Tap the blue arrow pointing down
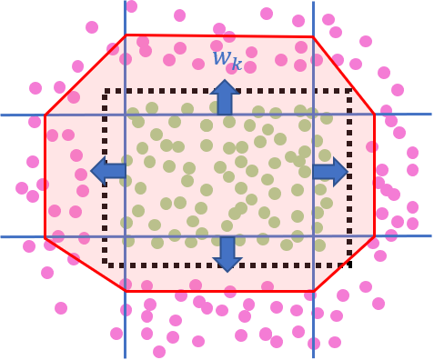227,254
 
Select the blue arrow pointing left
109,170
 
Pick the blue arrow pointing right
329,171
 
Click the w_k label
227,60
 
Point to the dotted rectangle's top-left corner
106,91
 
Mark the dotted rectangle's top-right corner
350,91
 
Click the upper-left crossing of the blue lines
126,115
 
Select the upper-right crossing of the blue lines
314,115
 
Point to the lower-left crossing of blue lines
126,237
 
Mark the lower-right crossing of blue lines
314,237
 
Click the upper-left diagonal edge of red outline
85,75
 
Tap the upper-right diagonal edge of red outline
344,75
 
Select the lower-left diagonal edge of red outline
85,265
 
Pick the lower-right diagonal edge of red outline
344,265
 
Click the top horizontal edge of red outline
219,36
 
